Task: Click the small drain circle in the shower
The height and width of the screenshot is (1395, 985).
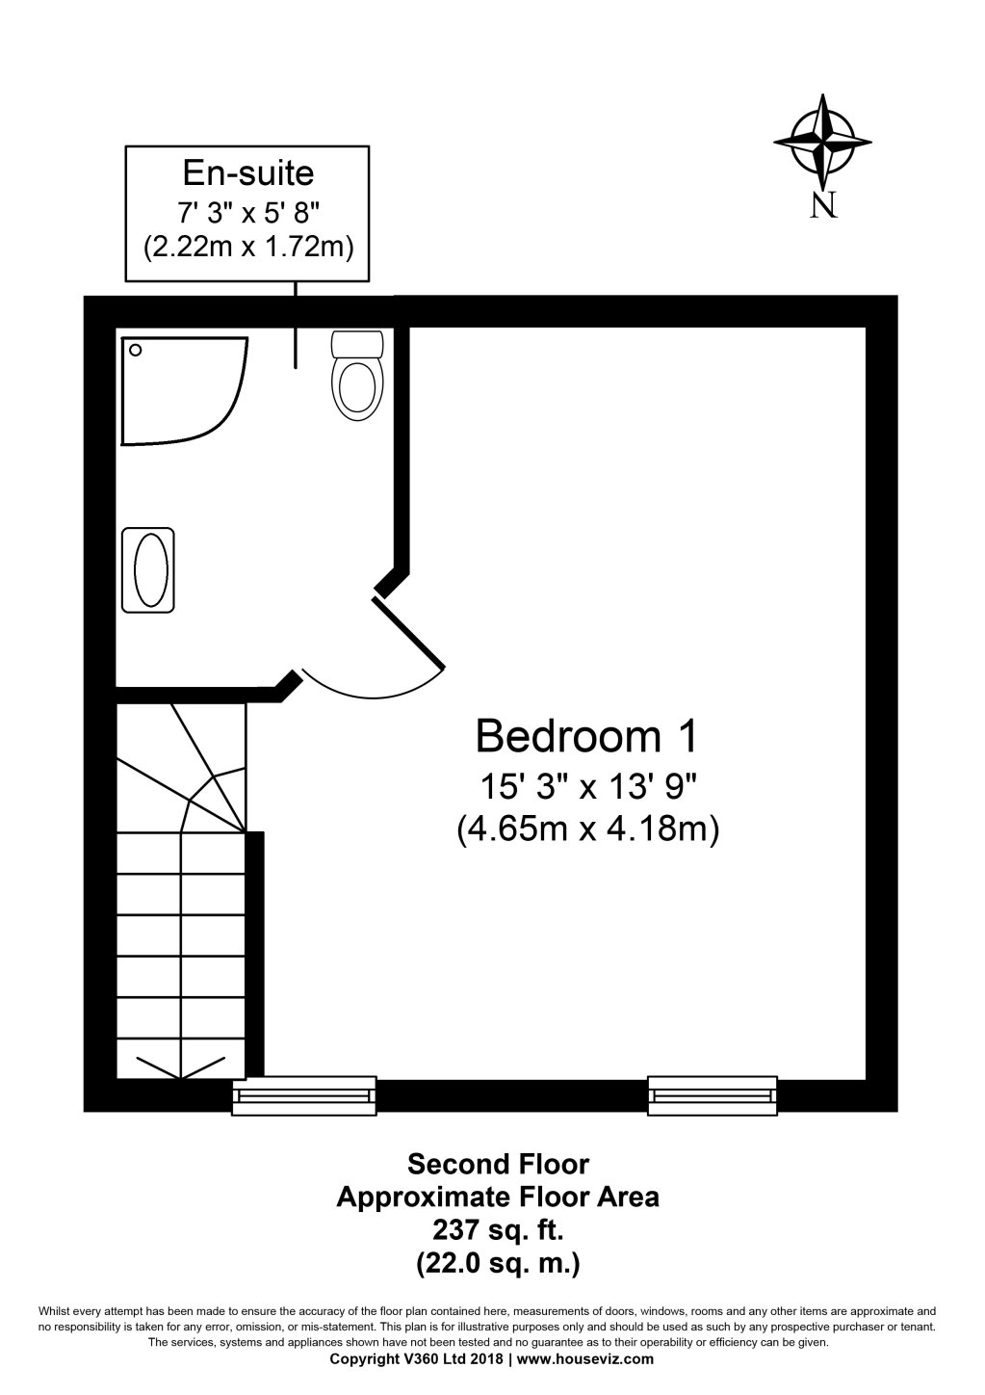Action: pyautogui.click(x=136, y=351)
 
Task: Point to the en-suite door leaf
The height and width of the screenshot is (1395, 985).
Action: pyautogui.click(x=409, y=633)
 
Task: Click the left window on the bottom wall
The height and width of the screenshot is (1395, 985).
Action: pyautogui.click(x=304, y=1095)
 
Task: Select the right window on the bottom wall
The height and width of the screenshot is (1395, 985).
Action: pyautogui.click(x=713, y=1095)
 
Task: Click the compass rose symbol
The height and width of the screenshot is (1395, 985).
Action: pyautogui.click(x=822, y=143)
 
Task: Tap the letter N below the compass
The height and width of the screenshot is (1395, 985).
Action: pyautogui.click(x=822, y=204)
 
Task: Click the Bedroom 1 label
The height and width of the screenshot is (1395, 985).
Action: pyautogui.click(x=585, y=737)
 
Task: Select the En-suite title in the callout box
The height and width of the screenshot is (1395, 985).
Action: pyautogui.click(x=248, y=173)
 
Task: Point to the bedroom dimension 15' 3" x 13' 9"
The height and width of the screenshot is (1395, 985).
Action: pyautogui.click(x=587, y=786)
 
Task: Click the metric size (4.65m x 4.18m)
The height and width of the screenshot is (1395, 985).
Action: pyautogui.click(x=587, y=829)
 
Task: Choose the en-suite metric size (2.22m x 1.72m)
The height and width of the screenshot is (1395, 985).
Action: pyautogui.click(x=248, y=247)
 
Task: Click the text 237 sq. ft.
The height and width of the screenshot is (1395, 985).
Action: pyautogui.click(x=497, y=1229)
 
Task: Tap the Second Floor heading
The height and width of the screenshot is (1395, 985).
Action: pyautogui.click(x=498, y=1164)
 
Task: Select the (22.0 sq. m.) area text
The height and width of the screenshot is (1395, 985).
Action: pyautogui.click(x=497, y=1262)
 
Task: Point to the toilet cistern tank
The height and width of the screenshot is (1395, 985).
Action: pyautogui.click(x=357, y=344)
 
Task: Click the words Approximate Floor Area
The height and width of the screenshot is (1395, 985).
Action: pyautogui.click(x=497, y=1198)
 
